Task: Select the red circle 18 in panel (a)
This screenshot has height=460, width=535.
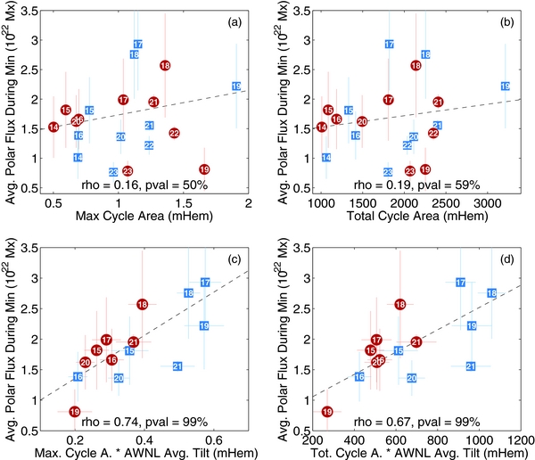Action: (165, 65)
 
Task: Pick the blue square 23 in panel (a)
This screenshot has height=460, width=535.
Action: (113, 171)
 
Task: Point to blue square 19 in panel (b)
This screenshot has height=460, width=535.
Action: (505, 86)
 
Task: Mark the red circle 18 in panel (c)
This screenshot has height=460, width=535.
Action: (143, 304)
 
